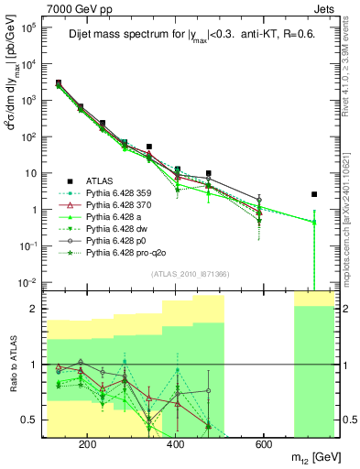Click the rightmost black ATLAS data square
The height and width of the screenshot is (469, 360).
tap(314, 194)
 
